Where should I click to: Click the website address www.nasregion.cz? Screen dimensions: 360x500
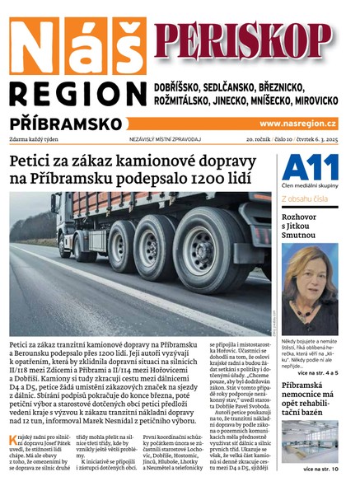coord(298,124)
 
